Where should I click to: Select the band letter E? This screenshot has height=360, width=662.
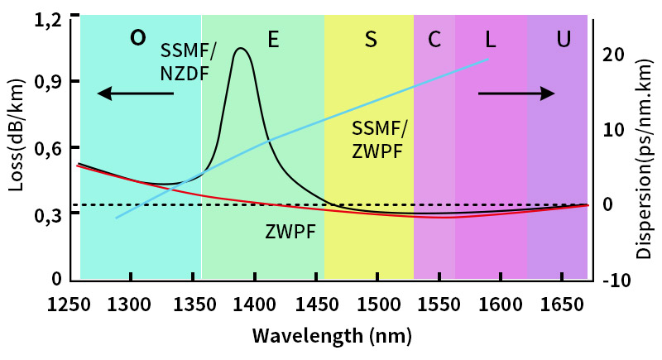coord(272,39)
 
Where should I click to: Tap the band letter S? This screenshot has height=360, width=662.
coord(371,39)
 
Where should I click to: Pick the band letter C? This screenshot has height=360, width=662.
coord(434,39)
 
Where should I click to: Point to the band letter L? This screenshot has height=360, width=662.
coord(491,39)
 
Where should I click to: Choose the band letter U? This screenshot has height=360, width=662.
coord(564,39)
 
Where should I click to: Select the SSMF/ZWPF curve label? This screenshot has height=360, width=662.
coord(381,140)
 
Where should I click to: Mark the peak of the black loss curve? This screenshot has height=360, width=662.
coord(241,49)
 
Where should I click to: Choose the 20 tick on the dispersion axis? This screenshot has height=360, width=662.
coord(613,55)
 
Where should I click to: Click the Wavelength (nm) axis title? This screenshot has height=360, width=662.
coord(332,337)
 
